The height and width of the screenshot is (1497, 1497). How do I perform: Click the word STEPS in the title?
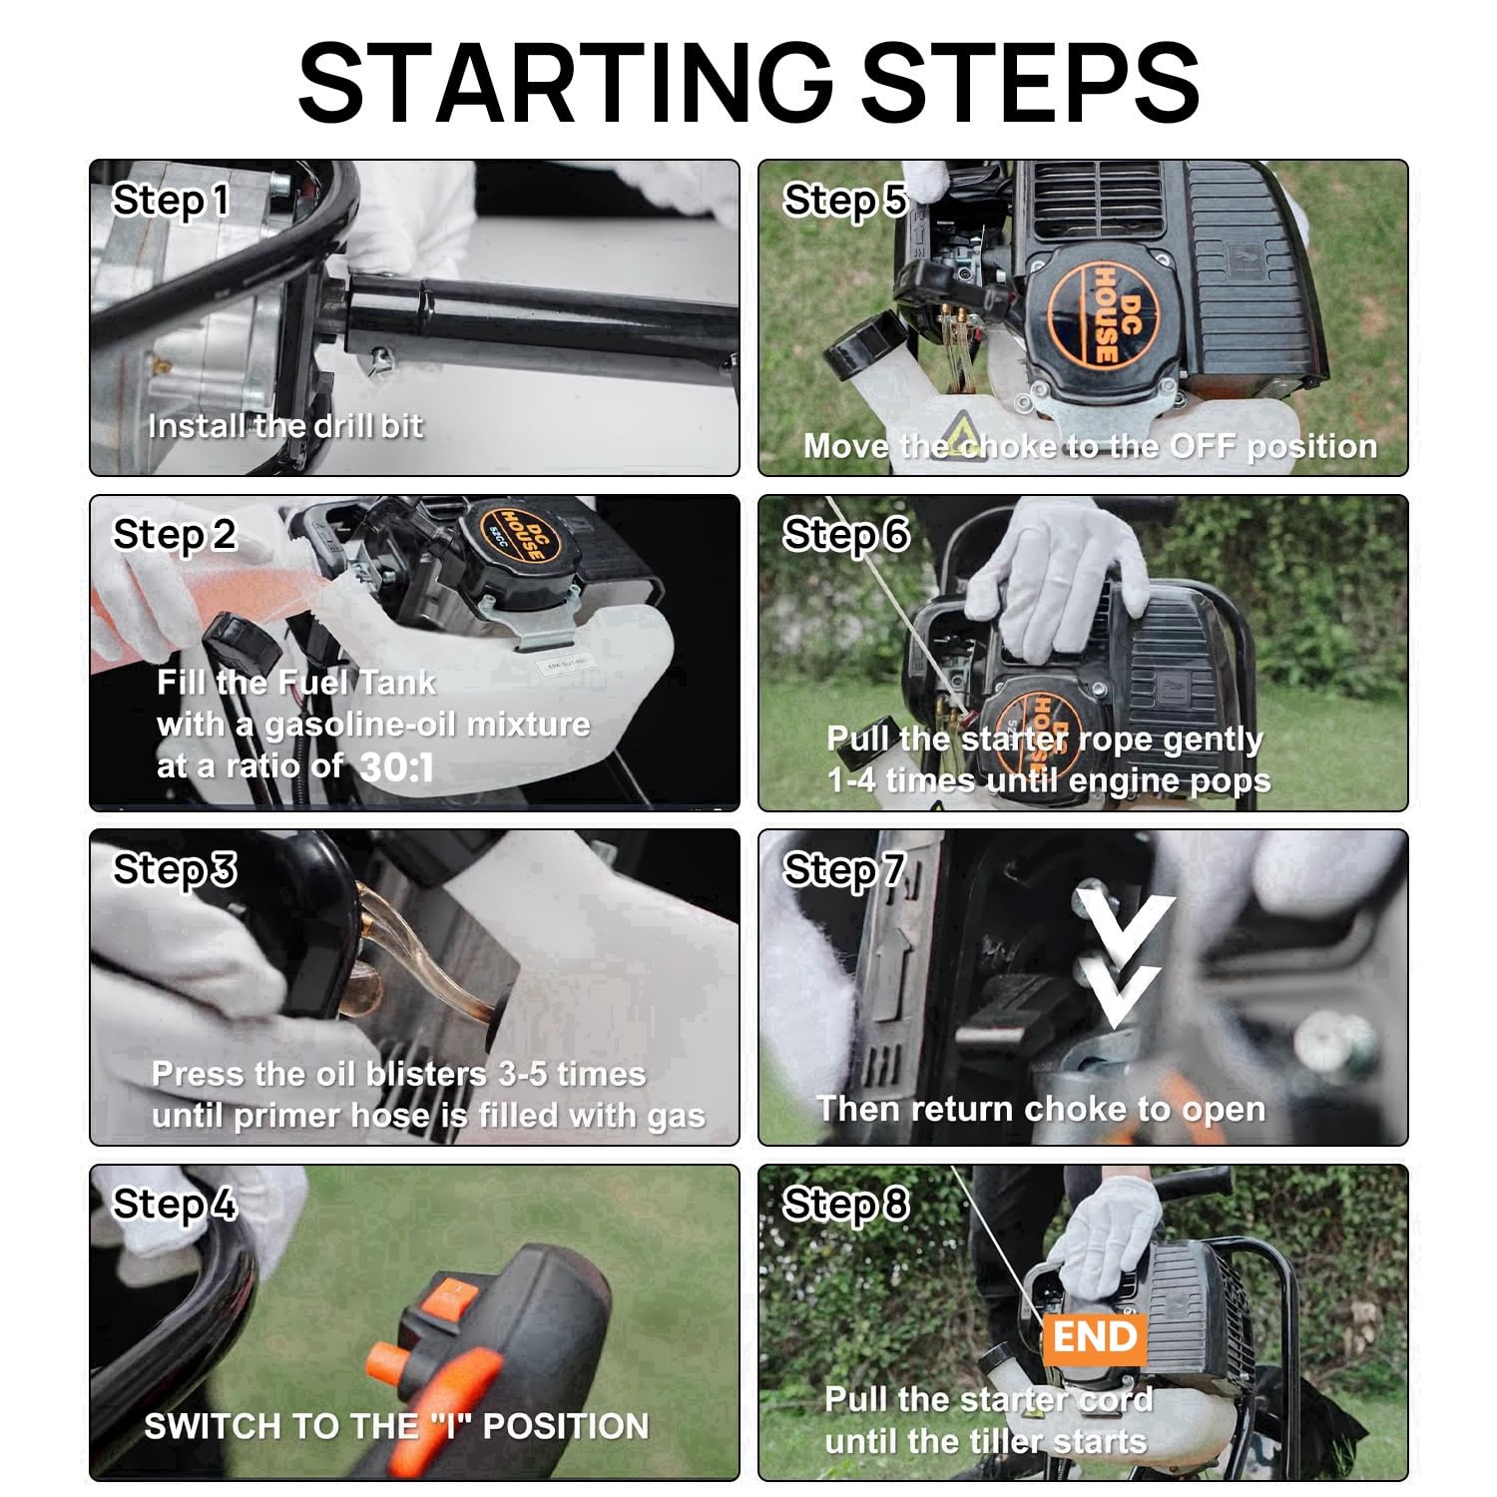coord(1030,82)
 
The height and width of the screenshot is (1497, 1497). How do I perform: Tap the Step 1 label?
coord(171,201)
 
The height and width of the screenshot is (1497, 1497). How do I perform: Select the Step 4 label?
coord(175,1205)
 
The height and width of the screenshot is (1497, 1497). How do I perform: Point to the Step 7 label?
coord(844,870)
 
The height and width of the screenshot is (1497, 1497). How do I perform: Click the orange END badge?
coord(1095,1336)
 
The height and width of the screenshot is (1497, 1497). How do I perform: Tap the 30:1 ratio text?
coord(396,767)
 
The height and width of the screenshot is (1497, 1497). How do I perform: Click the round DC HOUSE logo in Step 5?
coord(1097,313)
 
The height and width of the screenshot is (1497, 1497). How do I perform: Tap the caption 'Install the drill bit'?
coord(285,426)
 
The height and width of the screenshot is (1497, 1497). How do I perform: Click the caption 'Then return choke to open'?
coord(1041,1109)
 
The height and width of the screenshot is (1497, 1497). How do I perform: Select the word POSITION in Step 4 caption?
coord(566,1426)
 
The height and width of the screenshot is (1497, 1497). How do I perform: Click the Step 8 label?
coord(845,1205)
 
